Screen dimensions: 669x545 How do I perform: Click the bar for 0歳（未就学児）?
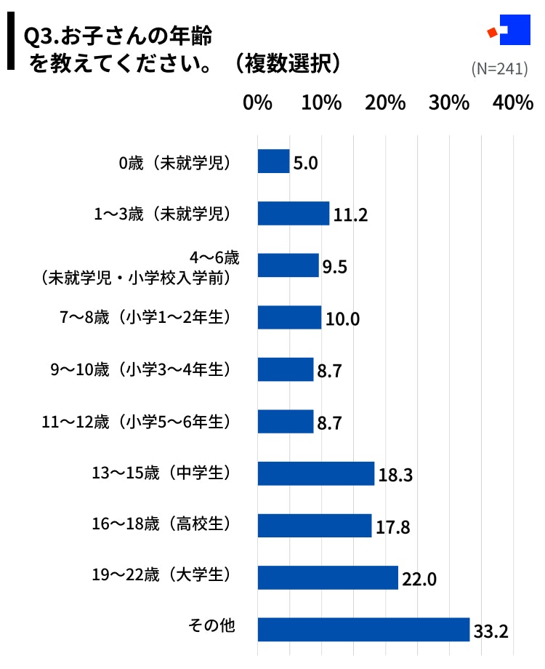[x=274, y=161]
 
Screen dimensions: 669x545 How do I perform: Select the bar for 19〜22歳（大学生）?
[x=328, y=577]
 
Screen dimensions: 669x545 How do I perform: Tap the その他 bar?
[x=363, y=630]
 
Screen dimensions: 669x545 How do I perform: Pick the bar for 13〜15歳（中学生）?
[x=316, y=473]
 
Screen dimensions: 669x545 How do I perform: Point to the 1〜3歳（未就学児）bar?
[x=294, y=214]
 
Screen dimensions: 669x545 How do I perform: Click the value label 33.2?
[x=490, y=631]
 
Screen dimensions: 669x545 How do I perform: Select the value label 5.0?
[x=305, y=163]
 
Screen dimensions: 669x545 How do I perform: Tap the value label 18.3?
[x=395, y=476]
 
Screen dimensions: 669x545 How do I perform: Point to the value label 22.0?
[x=419, y=580]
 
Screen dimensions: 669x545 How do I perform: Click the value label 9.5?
[x=335, y=267]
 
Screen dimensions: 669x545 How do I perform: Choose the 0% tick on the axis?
[x=257, y=103]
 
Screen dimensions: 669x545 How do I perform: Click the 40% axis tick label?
[x=513, y=103]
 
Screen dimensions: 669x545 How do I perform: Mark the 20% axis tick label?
[x=385, y=103]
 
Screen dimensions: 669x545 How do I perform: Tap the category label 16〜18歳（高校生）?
[x=161, y=524]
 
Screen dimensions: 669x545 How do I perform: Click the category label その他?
[x=211, y=626]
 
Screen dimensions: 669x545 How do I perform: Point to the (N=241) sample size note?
[x=499, y=69]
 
